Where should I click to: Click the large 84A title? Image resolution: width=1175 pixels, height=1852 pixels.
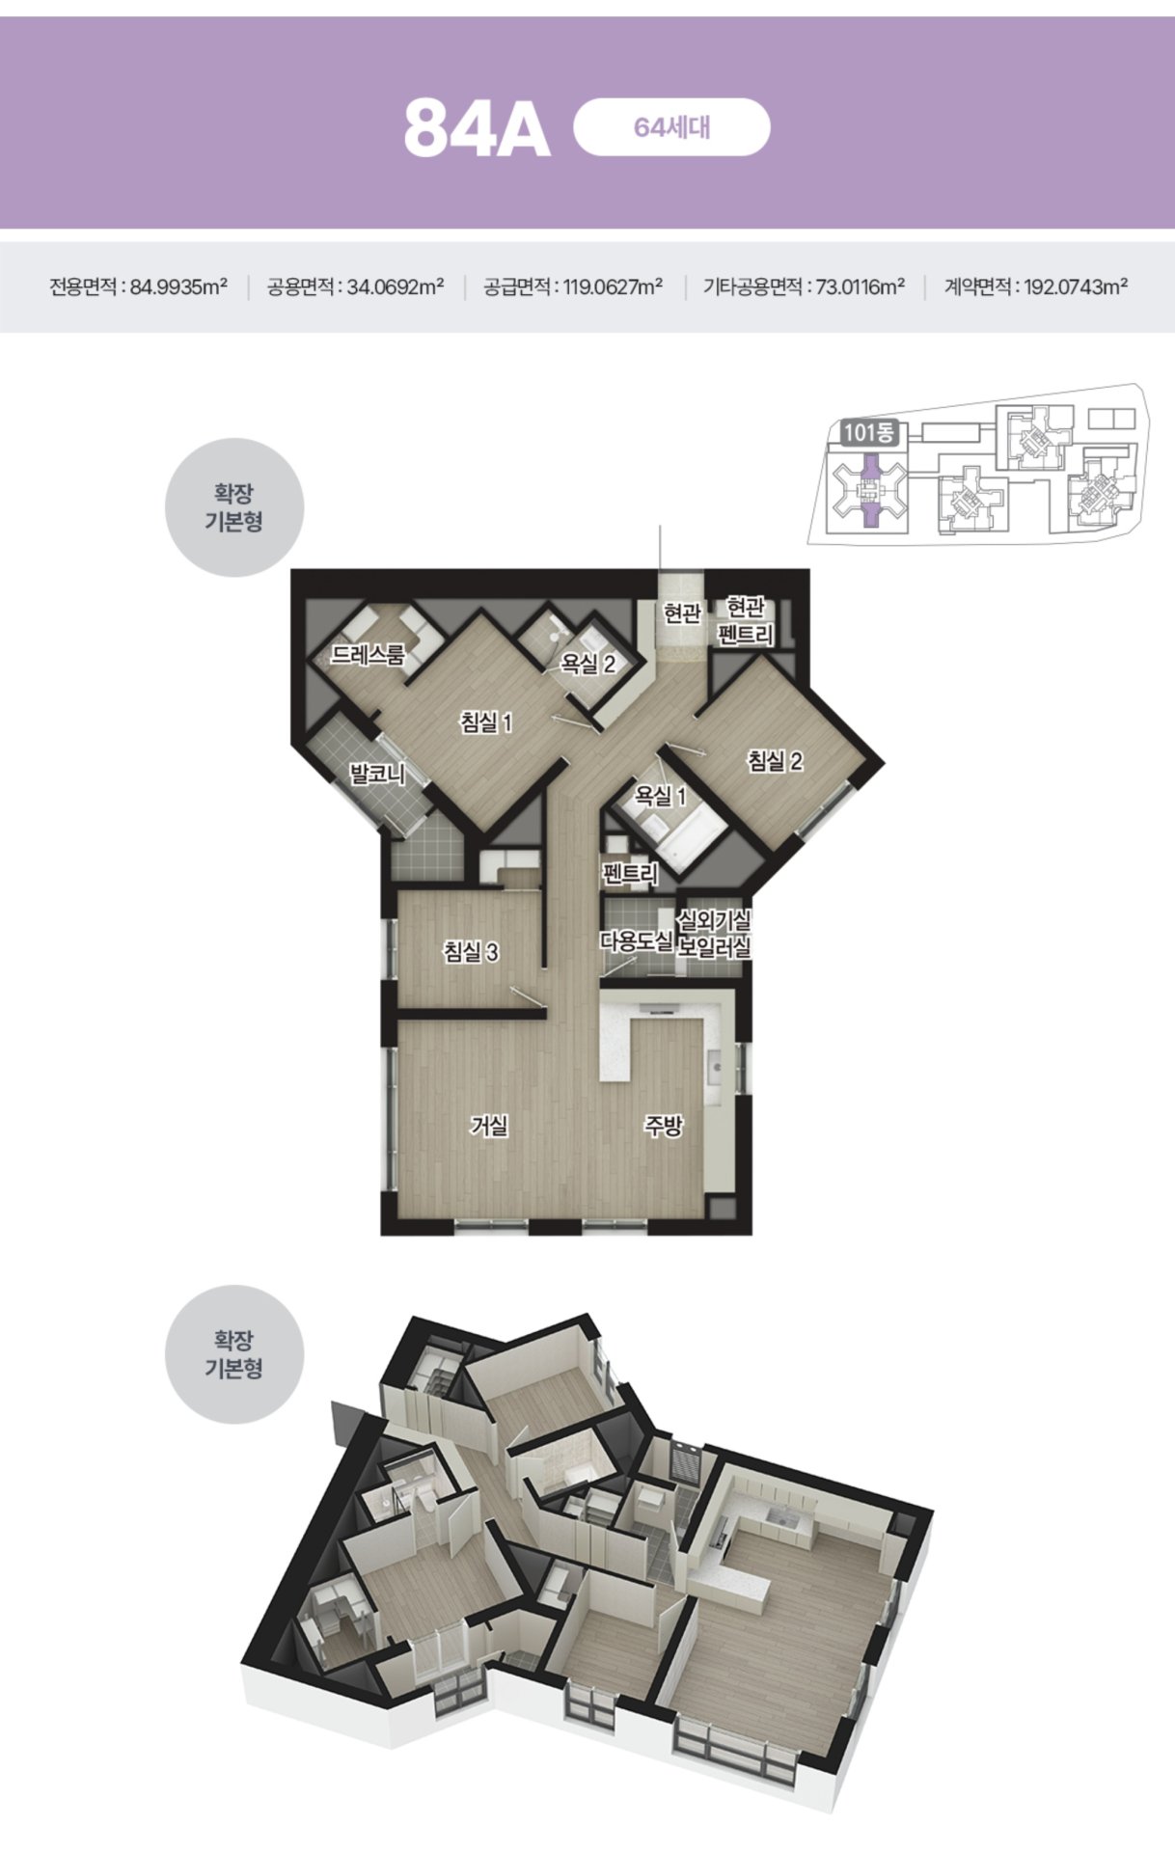pos(477,128)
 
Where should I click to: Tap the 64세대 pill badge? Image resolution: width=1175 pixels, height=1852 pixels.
pos(671,127)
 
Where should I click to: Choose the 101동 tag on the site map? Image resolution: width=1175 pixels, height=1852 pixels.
pos(868,433)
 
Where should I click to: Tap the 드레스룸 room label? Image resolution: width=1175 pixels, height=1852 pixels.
pos(368,655)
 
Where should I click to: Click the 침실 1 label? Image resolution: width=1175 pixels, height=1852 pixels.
pos(486,722)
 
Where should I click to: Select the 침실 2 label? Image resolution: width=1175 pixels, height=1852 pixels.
pos(775,761)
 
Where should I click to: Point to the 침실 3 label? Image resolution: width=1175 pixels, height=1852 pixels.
pos(471,952)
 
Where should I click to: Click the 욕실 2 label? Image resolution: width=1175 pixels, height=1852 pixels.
pos(588,664)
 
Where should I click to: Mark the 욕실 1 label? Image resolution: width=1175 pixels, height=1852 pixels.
pos(660,796)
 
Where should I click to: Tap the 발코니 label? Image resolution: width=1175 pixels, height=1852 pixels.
pos(377,774)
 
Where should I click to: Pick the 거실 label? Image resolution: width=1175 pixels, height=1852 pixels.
pos(489,1125)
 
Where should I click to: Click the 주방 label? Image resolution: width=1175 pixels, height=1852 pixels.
pos(664,1125)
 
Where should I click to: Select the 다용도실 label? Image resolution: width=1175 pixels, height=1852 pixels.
pos(637,940)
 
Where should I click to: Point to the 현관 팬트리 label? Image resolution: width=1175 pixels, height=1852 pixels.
pos(746,621)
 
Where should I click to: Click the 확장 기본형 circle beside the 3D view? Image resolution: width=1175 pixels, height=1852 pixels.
pos(234,1354)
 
